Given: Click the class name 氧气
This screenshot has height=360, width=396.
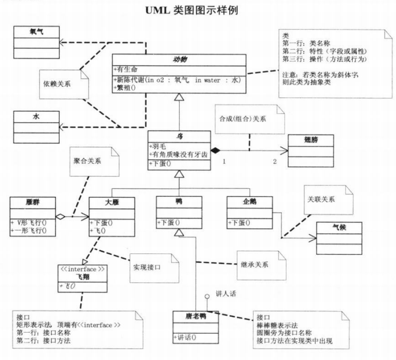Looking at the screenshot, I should tap(37, 32).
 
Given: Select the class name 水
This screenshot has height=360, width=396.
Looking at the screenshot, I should tap(36, 117).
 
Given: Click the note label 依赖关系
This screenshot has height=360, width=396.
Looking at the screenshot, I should tap(57, 83).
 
